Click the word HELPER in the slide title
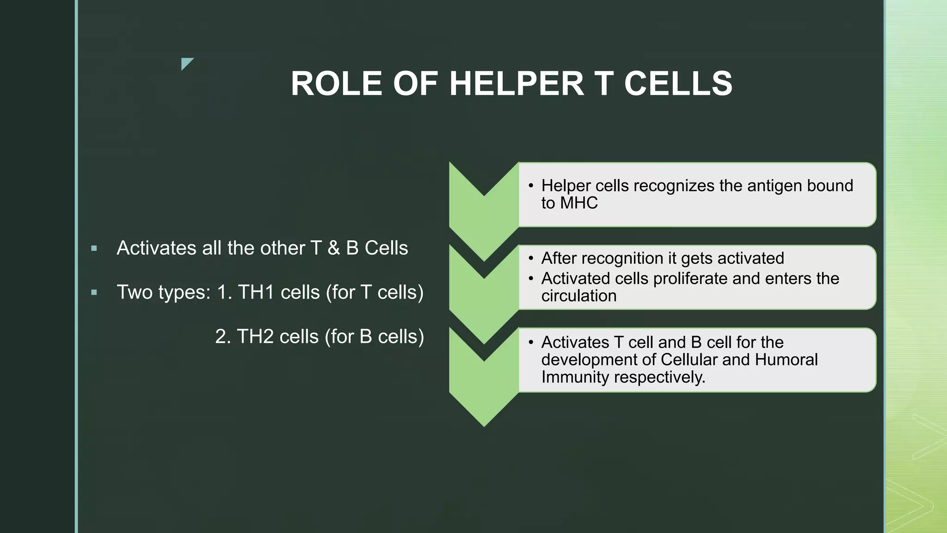pos(517,84)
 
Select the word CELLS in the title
pos(678,84)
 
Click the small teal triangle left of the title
pos(186,63)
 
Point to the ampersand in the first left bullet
pos(333,248)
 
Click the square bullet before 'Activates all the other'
pos(94,248)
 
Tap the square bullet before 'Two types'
pos(94,292)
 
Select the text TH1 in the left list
pos(256,292)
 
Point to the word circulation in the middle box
pos(579,296)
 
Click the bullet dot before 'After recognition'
pos(531,259)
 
